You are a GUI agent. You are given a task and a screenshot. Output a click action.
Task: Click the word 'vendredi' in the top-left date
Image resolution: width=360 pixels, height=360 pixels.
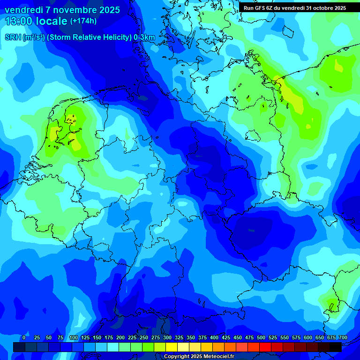point(23,10)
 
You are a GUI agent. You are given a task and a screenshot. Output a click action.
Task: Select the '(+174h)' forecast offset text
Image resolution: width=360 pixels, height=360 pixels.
point(83,21)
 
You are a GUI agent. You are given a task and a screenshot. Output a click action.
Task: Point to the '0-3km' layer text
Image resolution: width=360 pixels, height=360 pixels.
point(144,37)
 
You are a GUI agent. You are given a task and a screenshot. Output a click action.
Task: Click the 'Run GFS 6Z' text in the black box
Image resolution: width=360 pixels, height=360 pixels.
point(260,8)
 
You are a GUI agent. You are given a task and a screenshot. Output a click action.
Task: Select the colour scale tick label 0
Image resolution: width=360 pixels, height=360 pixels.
point(24,338)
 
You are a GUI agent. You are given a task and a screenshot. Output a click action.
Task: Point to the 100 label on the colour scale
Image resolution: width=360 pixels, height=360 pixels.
point(74,338)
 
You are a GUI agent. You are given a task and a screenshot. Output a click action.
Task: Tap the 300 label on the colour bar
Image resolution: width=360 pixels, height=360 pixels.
point(167,338)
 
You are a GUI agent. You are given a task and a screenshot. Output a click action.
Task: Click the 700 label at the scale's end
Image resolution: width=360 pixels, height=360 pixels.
point(343,338)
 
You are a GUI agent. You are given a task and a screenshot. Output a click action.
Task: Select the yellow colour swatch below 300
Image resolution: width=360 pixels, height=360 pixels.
point(171,347)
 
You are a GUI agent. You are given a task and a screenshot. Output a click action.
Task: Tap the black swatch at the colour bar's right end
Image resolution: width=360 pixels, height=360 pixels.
point(335,347)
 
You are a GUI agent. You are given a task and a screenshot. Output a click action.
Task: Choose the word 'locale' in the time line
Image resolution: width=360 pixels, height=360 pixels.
point(54,21)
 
